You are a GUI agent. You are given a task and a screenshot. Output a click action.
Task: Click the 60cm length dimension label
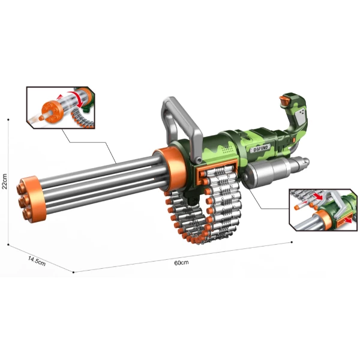point(181,263)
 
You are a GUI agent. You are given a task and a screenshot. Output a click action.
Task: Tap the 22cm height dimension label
point(4,181)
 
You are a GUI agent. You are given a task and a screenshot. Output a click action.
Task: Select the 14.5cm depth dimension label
point(37,261)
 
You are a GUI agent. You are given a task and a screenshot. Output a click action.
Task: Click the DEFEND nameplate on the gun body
point(260,148)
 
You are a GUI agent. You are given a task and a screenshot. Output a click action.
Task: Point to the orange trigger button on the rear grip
point(285,101)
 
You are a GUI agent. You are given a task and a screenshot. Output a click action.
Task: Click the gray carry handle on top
point(181,125)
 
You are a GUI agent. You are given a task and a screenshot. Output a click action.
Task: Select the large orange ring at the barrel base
point(170,169)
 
